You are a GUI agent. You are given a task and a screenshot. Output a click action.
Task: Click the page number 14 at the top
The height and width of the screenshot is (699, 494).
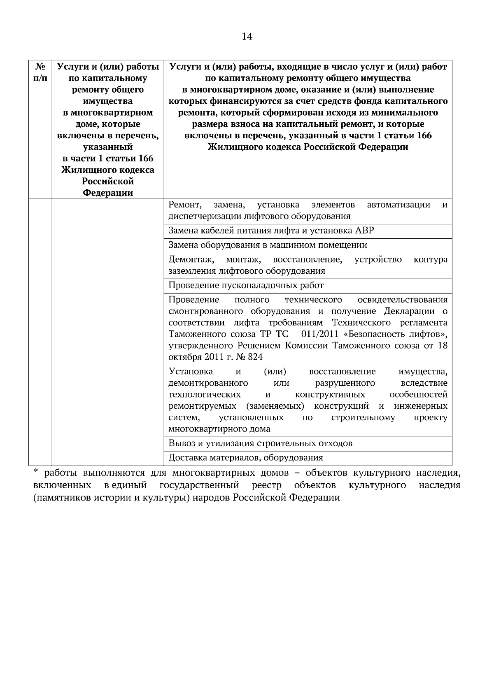click(x=247, y=37)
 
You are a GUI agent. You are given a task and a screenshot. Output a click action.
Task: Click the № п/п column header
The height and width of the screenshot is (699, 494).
click(x=40, y=72)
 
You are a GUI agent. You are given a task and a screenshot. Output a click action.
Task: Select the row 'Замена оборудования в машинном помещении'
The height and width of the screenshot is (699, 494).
click(x=268, y=245)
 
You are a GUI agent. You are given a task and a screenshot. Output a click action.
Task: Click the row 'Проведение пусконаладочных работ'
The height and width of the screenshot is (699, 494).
click(x=246, y=285)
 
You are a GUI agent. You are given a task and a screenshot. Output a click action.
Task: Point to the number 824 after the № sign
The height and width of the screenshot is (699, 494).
click(x=255, y=357)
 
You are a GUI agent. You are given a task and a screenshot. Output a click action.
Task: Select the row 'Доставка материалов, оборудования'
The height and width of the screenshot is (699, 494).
click(x=246, y=458)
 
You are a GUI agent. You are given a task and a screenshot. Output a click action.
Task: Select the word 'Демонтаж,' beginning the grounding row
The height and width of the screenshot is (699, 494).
click(x=191, y=260)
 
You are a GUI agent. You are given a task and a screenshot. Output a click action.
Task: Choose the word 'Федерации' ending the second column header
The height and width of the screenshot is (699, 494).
click(x=108, y=193)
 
